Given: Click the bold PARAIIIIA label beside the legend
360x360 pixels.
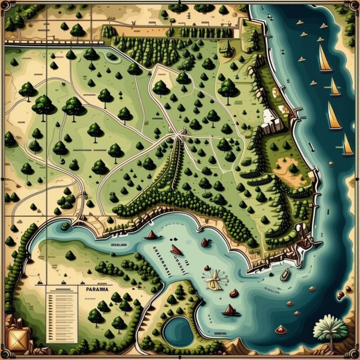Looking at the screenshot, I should pyautogui.click(x=97, y=289).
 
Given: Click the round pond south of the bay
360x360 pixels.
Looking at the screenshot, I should pyautogui.click(x=178, y=330).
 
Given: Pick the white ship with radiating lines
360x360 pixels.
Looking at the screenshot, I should pyautogui.click(x=216, y=278).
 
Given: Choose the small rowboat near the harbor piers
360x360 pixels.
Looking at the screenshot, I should pyautogui.click(x=285, y=274).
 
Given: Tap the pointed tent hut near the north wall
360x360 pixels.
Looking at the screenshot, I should pyautogui.click(x=227, y=47).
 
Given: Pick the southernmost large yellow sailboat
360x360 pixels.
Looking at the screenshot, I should pyautogui.click(x=347, y=146).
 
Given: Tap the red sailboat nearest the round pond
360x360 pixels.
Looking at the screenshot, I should pyautogui.click(x=230, y=311).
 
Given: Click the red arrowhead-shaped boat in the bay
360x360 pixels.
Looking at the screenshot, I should pyautogui.click(x=176, y=250).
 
